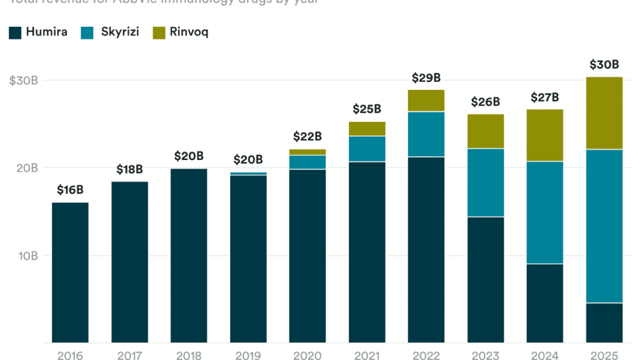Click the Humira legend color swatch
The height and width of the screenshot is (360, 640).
(x=15, y=32)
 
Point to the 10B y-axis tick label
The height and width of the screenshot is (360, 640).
(x=27, y=256)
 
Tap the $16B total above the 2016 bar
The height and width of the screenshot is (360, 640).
(x=70, y=190)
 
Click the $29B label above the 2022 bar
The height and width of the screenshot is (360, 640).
(x=426, y=78)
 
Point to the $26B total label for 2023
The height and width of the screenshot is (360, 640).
(x=486, y=102)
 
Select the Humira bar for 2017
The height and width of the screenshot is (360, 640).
(x=129, y=262)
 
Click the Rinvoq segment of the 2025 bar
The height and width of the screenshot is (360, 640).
(x=604, y=113)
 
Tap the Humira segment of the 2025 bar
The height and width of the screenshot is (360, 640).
(x=604, y=322)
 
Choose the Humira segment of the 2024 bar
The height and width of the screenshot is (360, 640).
(x=545, y=303)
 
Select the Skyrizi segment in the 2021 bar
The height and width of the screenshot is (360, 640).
(x=367, y=149)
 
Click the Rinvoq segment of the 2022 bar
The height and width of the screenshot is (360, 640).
(x=426, y=101)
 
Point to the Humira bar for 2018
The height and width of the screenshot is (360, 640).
(x=189, y=256)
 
